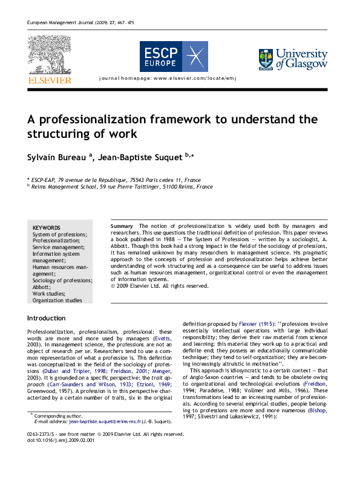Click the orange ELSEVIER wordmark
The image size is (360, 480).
click(49, 80)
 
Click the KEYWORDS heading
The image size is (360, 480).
click(46, 227)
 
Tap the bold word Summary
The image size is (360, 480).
click(122, 226)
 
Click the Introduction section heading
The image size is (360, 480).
click(47, 318)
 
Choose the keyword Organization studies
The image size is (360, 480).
click(57, 300)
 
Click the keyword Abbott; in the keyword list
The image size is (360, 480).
click(42, 287)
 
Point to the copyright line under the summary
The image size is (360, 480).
click(160, 286)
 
